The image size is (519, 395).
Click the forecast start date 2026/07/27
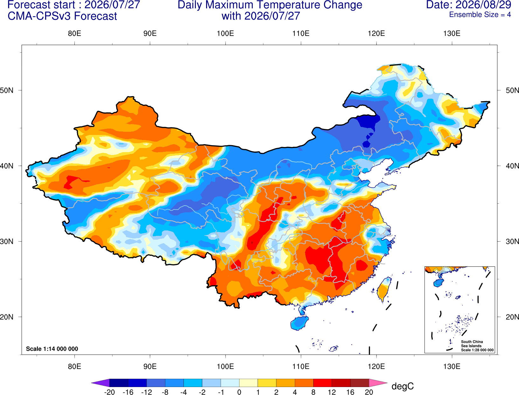[x=112, y=5]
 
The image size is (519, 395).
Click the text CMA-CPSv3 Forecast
[x=62, y=16]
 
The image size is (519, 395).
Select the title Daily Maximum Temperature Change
[x=270, y=5]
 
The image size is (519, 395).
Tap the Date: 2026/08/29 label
[x=468, y=5]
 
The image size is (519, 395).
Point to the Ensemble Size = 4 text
[x=480, y=15]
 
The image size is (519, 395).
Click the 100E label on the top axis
[x=225, y=33]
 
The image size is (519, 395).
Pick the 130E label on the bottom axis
[x=452, y=367]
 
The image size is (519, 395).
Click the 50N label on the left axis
[x=7, y=90]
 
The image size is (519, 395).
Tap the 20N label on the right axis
[x=512, y=317]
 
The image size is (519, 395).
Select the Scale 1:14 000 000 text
[x=52, y=349]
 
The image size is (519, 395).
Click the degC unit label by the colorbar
[x=402, y=386]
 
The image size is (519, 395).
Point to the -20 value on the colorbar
[x=109, y=392]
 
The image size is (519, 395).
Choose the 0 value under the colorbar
[x=239, y=392]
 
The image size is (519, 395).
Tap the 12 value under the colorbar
[x=332, y=392]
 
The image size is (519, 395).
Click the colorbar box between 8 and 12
[x=322, y=383]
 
